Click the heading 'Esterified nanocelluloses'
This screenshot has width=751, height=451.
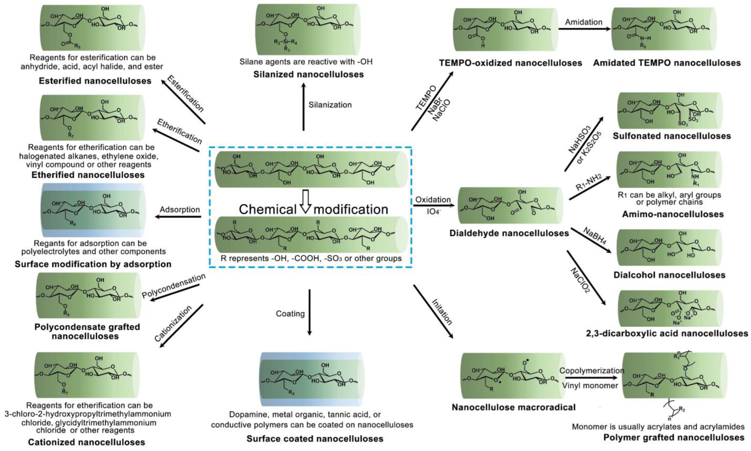coord(95,81)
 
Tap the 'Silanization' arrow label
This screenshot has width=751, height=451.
coord(330,105)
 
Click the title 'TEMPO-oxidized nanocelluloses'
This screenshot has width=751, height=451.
coord(510,63)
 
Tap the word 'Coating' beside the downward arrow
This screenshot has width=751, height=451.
coord(290,314)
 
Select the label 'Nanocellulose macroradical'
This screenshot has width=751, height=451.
coord(513,407)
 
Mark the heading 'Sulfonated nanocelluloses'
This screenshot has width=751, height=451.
coord(672,136)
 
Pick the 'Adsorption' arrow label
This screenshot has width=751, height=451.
coord(180,210)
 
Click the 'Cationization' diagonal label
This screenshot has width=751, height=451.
coord(173,324)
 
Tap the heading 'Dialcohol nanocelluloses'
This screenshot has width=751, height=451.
coord(669,275)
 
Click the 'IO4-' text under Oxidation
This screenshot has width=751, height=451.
coord(433,211)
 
